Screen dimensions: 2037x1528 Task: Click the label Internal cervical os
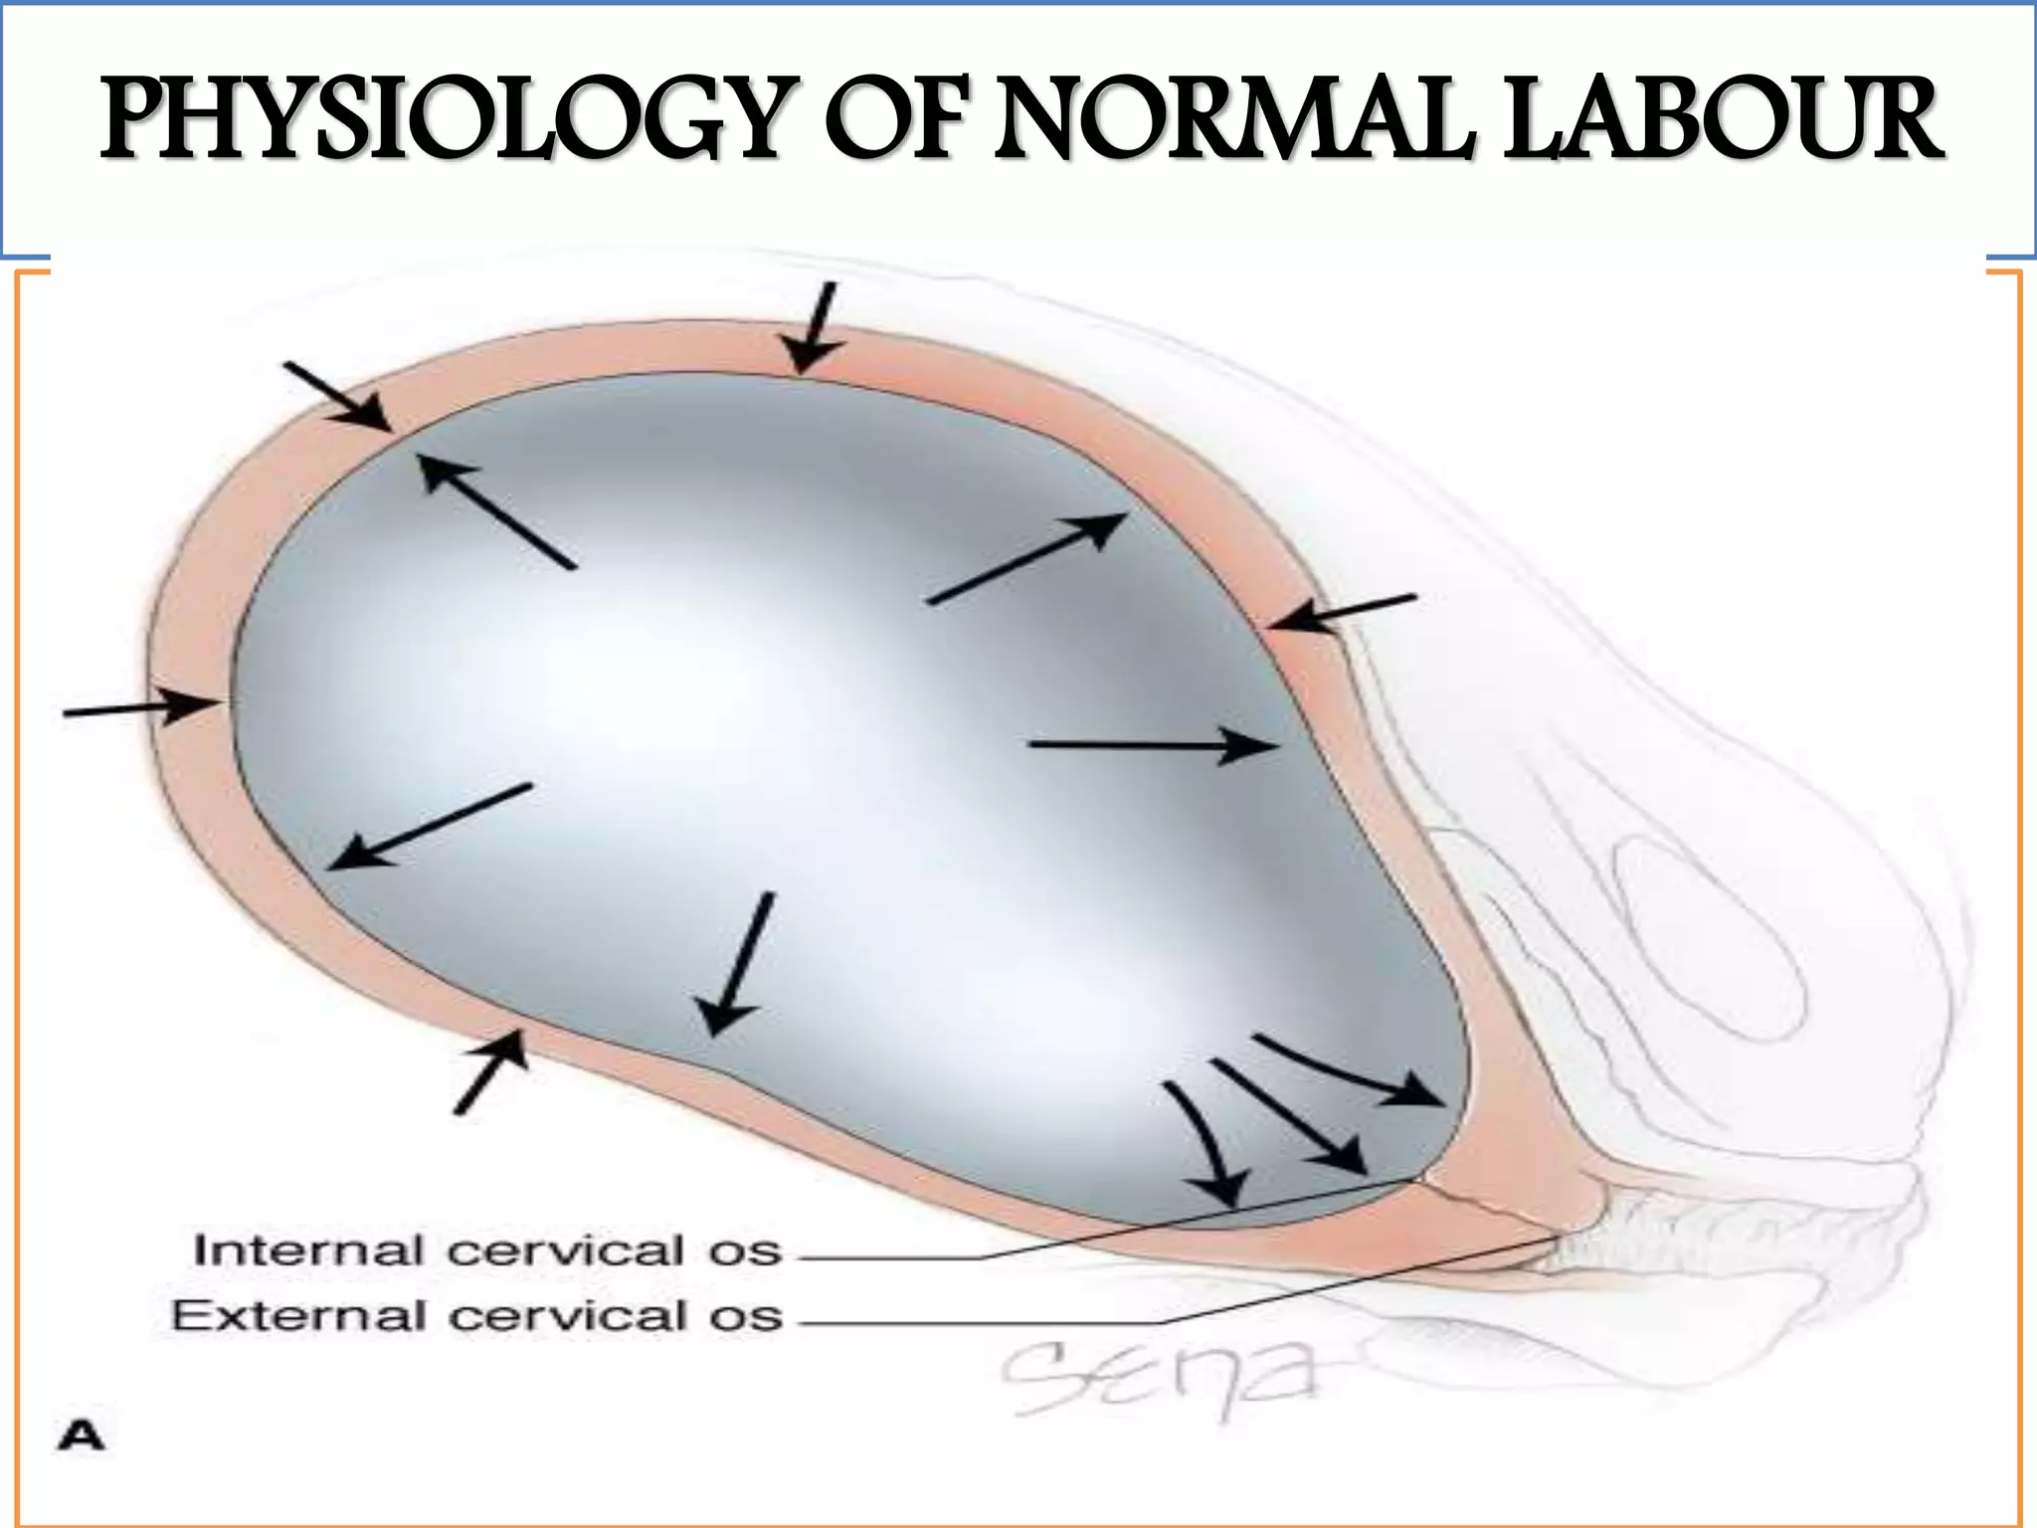487,1250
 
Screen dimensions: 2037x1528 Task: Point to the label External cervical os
477,1316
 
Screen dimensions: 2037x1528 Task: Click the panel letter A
81,1436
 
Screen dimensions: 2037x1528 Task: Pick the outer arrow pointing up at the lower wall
490,1071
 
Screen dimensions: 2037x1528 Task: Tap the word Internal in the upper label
307,1250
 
